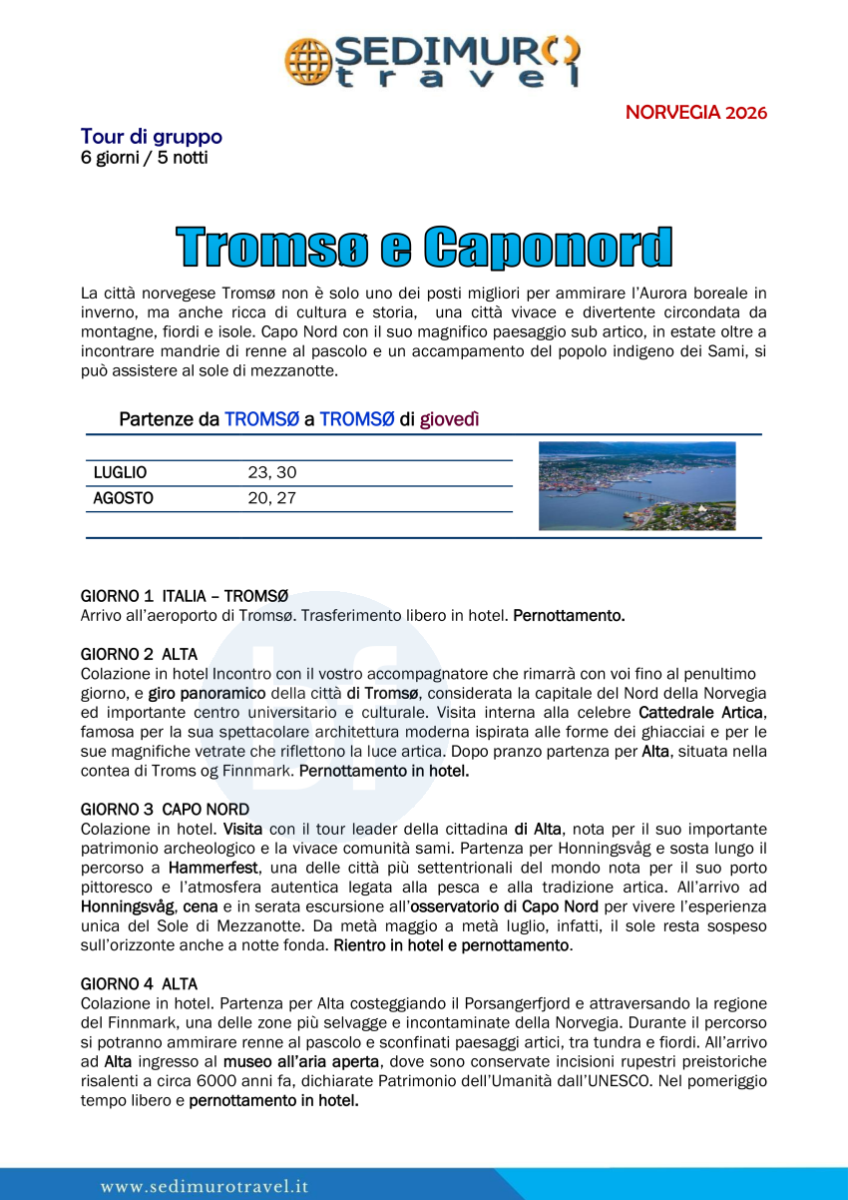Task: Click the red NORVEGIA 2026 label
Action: pyautogui.click(x=696, y=112)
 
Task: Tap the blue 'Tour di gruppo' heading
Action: pyautogui.click(x=152, y=137)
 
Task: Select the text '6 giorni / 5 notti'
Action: pyautogui.click(x=145, y=158)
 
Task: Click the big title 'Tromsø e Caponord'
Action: pyautogui.click(x=424, y=248)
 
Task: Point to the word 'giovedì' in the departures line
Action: pyautogui.click(x=449, y=419)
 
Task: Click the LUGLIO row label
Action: pyautogui.click(x=120, y=472)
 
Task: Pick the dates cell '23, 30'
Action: pyautogui.click(x=272, y=472)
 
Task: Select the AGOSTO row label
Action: pyautogui.click(x=124, y=497)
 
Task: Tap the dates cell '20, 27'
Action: pyautogui.click(x=272, y=497)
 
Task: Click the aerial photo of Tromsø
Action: pyautogui.click(x=636, y=485)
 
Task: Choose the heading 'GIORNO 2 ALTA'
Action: pyautogui.click(x=139, y=655)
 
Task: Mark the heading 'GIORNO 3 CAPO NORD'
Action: pyautogui.click(x=165, y=809)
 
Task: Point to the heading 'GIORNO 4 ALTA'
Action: pyautogui.click(x=139, y=984)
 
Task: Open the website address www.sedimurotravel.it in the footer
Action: pyautogui.click(x=205, y=1186)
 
